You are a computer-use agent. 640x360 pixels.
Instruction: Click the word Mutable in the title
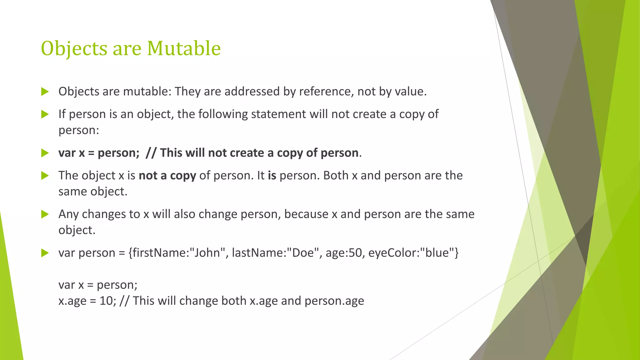(184, 48)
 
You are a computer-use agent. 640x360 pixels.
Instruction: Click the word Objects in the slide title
(74, 49)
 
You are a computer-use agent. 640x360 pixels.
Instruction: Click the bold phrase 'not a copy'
(167, 176)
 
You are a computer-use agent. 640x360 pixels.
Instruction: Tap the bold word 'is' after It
(272, 176)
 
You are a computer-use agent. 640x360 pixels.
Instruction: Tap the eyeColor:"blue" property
(413, 252)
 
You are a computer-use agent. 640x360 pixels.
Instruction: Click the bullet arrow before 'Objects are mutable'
(45, 92)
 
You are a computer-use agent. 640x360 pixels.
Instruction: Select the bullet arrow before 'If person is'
(45, 114)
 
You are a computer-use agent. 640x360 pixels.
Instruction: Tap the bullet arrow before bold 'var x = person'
(45, 153)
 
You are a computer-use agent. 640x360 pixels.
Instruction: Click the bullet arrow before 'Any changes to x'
(45, 214)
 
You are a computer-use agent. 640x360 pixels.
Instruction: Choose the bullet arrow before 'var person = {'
(45, 253)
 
